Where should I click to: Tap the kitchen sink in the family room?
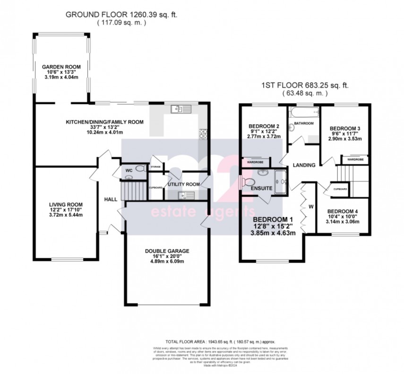(x=181, y=109)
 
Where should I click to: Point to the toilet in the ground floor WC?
(x=140, y=168)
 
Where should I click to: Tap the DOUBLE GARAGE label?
(x=167, y=251)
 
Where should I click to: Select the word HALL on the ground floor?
(x=111, y=200)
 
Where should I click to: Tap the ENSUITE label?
(x=262, y=188)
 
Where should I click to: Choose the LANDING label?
(x=304, y=165)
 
